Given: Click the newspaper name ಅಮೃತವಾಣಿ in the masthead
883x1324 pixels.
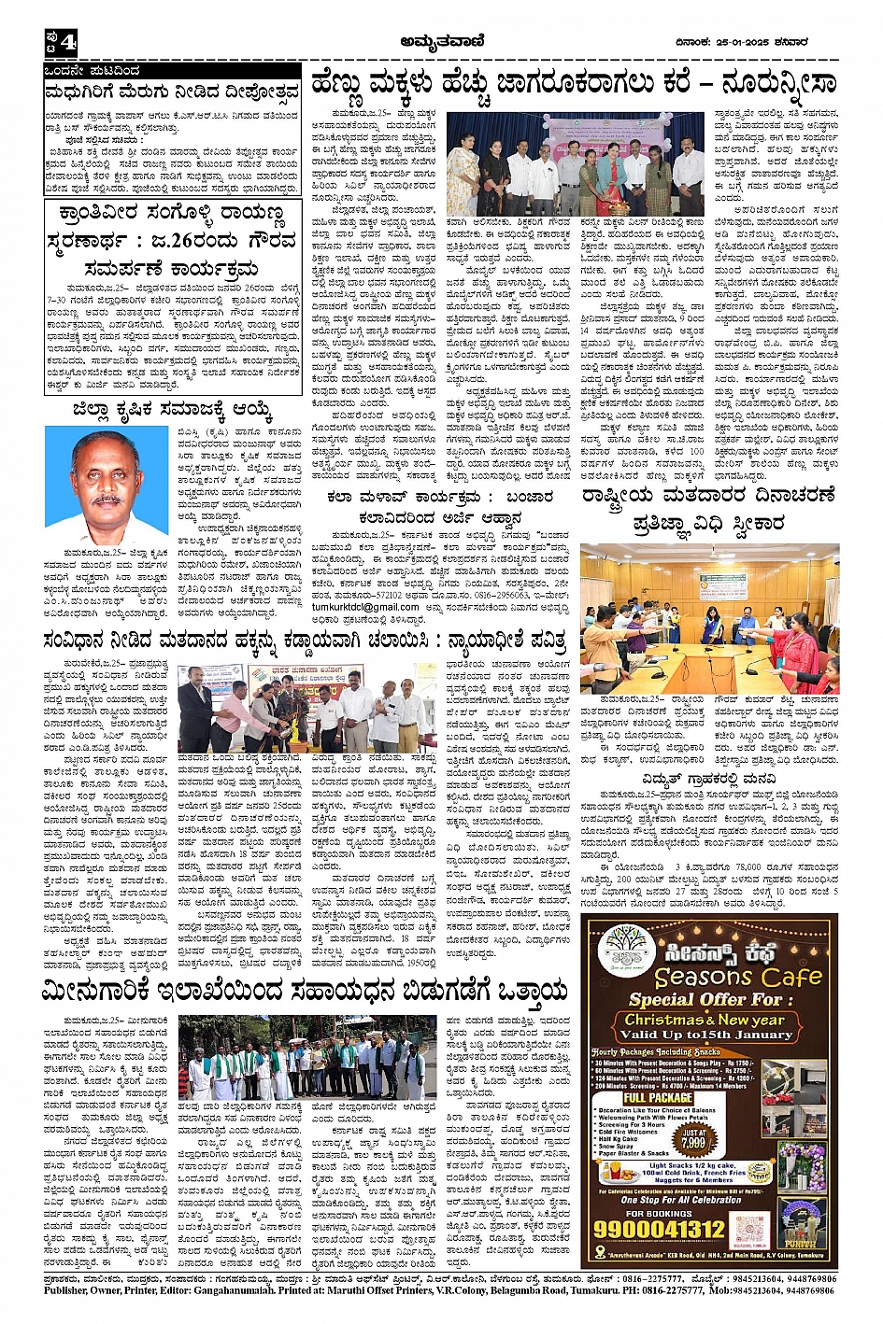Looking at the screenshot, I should tap(441, 41).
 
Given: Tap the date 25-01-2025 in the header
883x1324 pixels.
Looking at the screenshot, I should tap(740, 42).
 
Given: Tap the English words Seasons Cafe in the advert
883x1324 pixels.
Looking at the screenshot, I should tap(738, 977).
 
